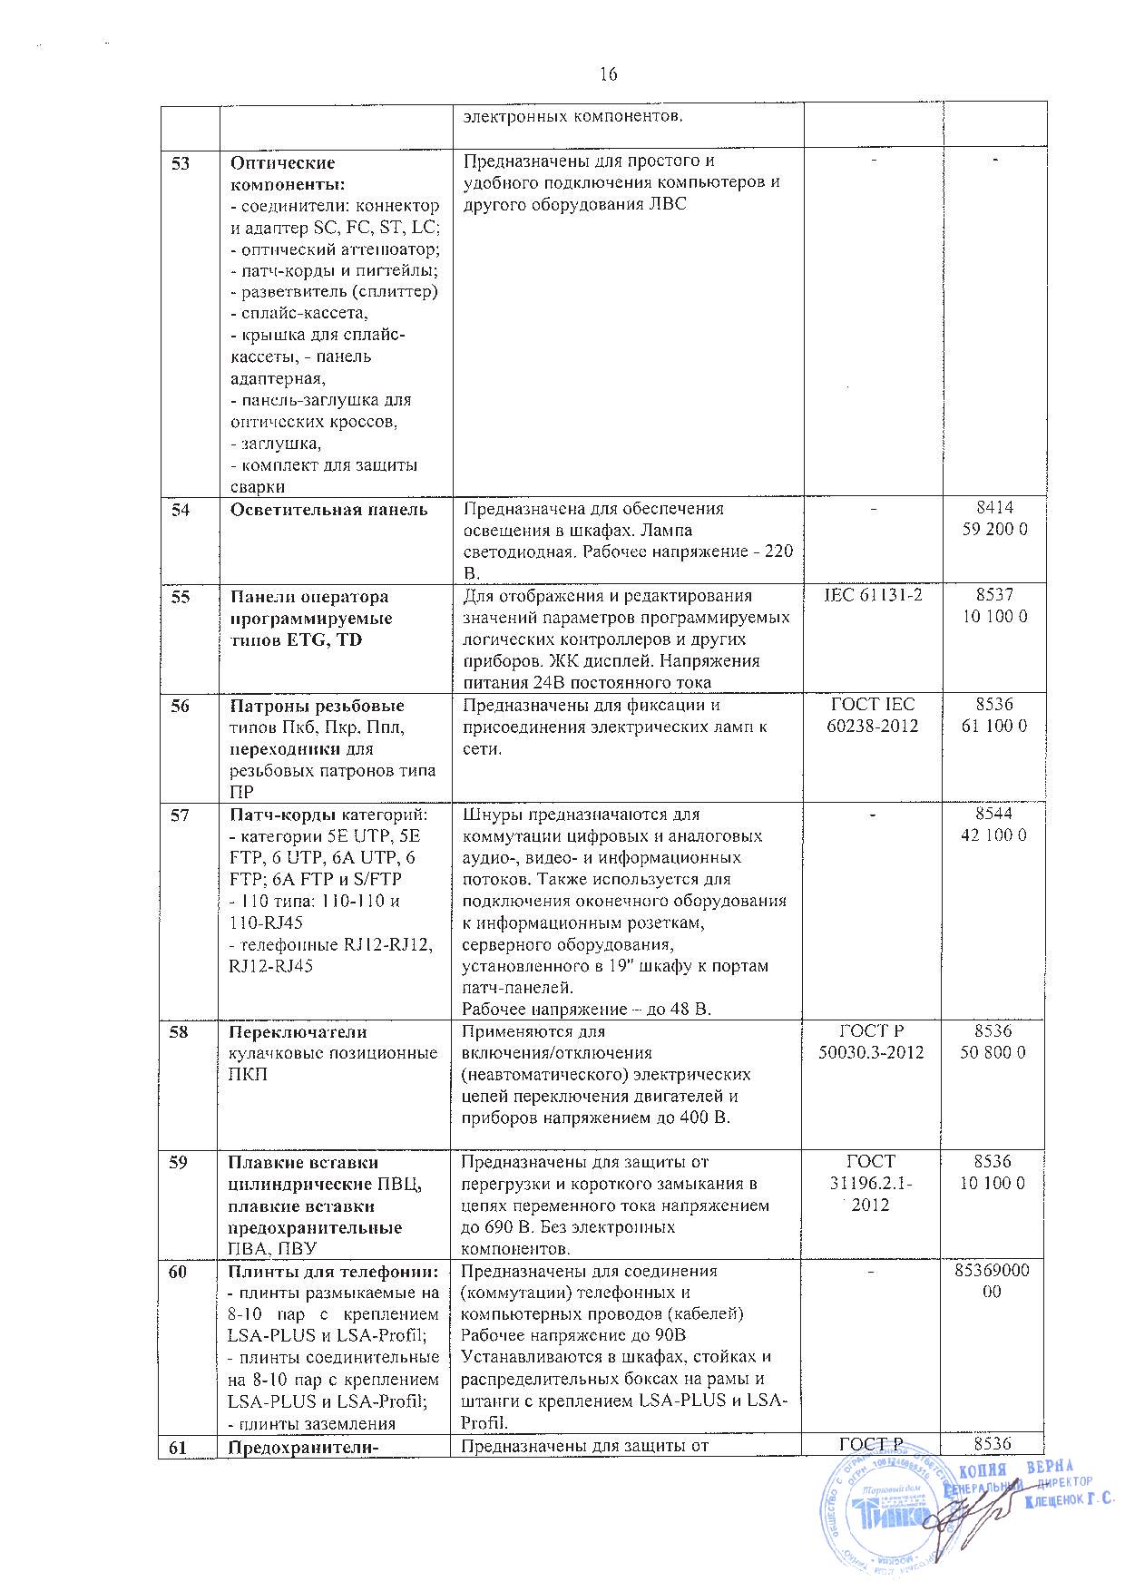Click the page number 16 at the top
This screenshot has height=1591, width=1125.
pos(608,74)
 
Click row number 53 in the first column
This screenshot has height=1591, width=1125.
pos(181,163)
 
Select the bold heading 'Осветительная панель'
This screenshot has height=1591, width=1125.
pos(328,510)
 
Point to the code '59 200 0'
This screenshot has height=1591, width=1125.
pos(994,530)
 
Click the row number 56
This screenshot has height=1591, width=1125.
pos(181,706)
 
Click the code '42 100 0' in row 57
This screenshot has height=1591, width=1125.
pos(994,835)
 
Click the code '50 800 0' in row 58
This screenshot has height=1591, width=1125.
pos(994,1053)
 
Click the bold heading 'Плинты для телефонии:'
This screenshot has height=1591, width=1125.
pos(333,1273)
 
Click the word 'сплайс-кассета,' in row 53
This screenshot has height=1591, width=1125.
pos(299,313)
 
